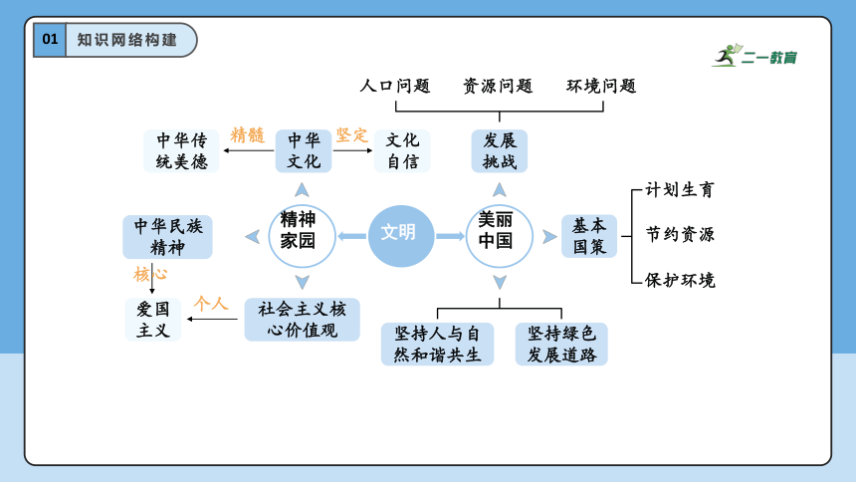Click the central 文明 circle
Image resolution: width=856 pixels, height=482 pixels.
(x=401, y=236)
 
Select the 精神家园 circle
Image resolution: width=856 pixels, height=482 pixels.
(x=302, y=236)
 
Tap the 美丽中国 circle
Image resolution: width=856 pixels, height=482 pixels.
(x=499, y=236)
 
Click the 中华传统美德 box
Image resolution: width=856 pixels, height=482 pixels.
(x=181, y=150)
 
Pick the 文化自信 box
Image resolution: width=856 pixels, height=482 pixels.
(x=402, y=150)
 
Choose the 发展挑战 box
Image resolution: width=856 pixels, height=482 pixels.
(x=500, y=150)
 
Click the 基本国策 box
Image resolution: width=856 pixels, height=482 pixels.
(x=589, y=236)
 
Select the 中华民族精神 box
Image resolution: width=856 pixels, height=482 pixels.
(x=167, y=237)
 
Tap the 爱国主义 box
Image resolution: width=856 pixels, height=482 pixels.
(x=153, y=320)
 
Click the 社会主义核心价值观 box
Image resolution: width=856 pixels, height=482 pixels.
(x=302, y=320)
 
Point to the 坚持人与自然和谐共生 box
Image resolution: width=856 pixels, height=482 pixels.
(x=437, y=344)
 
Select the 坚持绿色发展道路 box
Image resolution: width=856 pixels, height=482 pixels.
(x=561, y=344)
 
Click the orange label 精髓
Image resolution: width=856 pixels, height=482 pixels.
(x=247, y=135)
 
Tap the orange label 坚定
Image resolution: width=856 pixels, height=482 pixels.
(x=352, y=135)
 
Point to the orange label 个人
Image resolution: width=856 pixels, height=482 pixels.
(x=211, y=304)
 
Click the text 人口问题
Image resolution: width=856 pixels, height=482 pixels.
(x=395, y=86)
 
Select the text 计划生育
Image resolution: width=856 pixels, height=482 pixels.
(x=680, y=189)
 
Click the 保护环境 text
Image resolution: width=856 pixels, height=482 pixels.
(x=680, y=281)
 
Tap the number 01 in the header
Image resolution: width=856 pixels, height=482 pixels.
(x=50, y=40)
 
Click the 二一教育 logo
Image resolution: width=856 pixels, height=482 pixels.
(x=754, y=56)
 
